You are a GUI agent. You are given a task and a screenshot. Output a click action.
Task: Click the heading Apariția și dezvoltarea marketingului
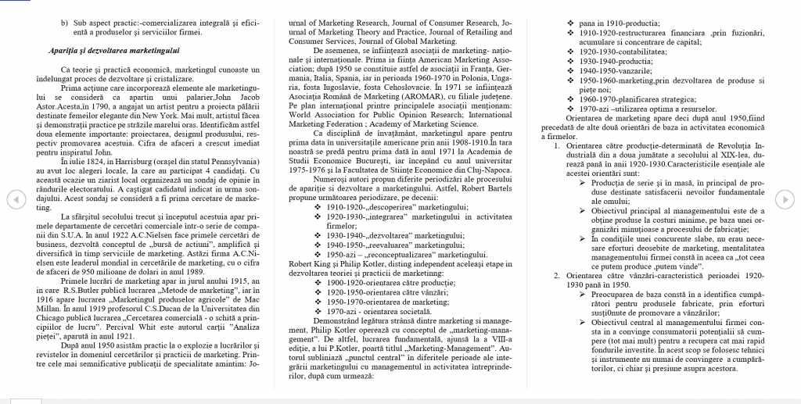(114, 51)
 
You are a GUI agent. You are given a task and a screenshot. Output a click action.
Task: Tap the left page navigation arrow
(12, 199)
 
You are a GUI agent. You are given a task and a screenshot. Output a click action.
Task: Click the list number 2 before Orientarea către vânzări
(555, 274)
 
